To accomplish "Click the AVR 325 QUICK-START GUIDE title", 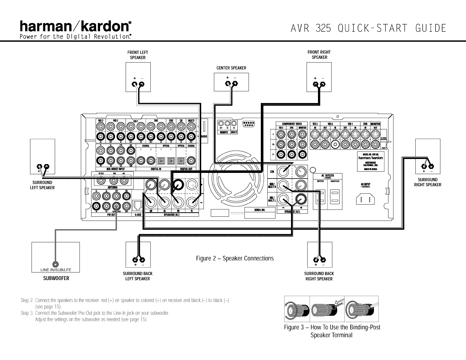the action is point(368,28).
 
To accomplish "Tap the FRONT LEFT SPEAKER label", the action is point(138,55).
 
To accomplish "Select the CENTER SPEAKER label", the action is point(231,68).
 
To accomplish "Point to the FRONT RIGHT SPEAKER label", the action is point(319,55).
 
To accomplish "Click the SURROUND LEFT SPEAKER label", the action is point(43,185).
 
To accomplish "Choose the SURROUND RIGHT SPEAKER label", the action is point(428,182).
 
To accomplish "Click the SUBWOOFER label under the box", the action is point(56,278).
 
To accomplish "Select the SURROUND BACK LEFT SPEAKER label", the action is point(138,276).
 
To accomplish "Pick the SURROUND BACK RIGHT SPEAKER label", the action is point(319,276).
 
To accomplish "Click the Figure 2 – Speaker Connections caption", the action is point(235,258).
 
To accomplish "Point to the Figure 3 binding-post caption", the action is point(332,331).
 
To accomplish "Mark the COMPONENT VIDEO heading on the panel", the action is point(292,124).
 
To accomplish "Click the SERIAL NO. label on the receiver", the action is point(260,210).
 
